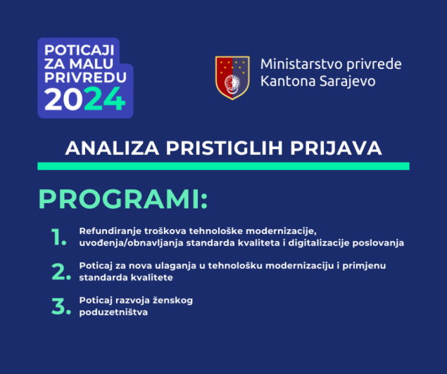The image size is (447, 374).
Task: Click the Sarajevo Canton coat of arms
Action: pyautogui.click(x=232, y=77)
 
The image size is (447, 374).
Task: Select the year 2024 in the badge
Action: pyautogui.click(x=84, y=101)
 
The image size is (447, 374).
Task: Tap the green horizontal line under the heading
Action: pyautogui.click(x=223, y=166)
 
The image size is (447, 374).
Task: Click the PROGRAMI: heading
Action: pyautogui.click(x=123, y=199)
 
